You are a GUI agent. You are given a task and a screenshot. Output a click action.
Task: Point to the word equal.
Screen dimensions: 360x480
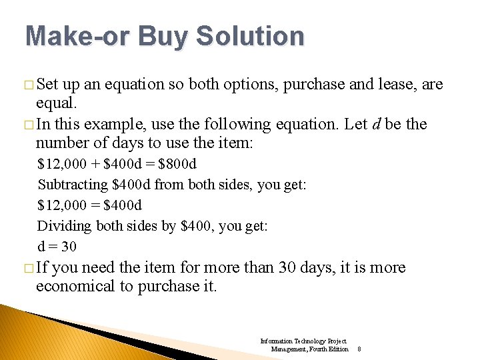[57, 104]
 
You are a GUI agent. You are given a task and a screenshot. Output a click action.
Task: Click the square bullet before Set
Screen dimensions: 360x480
[28, 85]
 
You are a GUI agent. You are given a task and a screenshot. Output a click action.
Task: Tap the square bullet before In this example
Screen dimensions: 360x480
[28, 125]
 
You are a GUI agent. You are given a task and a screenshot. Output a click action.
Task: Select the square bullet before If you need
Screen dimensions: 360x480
[28, 268]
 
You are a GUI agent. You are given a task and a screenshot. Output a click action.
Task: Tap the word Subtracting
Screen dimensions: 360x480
[73, 184]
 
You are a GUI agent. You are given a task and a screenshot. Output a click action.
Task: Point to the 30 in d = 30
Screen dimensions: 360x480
[69, 247]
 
